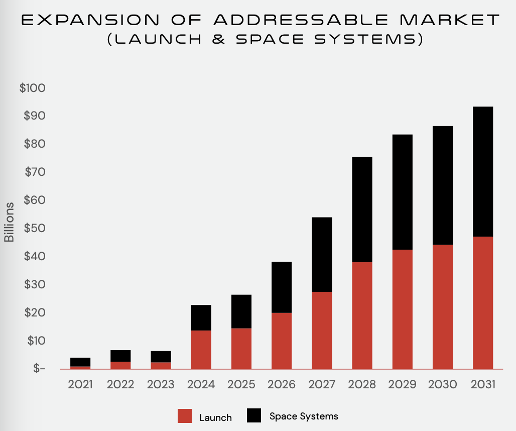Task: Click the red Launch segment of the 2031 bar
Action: [482, 302]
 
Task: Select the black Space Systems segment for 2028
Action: [362, 209]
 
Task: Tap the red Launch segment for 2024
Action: [201, 349]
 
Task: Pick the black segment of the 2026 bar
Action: [282, 287]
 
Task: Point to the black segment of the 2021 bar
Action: [80, 362]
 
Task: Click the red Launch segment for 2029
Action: [402, 309]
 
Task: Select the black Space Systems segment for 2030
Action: [442, 185]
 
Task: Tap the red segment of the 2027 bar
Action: [322, 330]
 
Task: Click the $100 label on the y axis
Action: [32, 88]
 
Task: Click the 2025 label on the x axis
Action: [241, 384]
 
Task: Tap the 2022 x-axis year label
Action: [120, 384]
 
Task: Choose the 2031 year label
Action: [482, 384]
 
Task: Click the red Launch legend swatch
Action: [185, 416]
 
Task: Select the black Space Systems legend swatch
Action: [254, 415]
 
